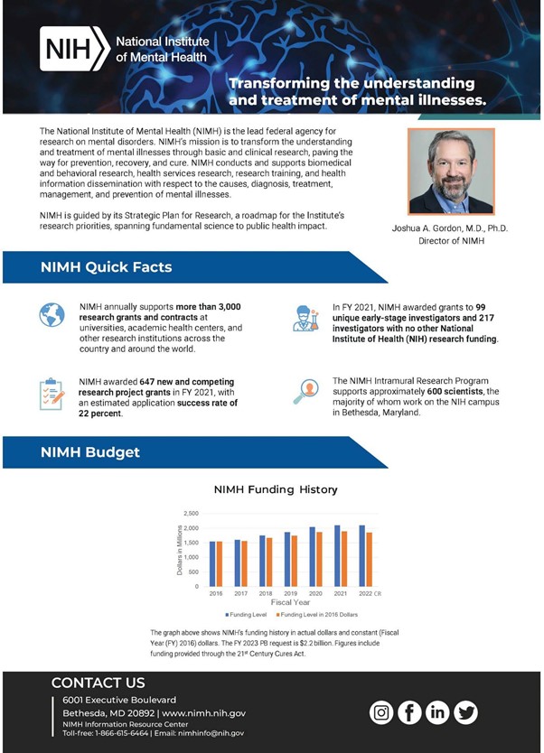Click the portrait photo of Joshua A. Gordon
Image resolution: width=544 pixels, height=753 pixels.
click(451, 172)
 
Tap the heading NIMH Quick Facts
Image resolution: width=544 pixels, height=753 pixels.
click(106, 267)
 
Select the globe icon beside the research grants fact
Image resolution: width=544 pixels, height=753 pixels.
click(52, 315)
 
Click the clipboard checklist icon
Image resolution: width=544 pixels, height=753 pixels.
click(52, 394)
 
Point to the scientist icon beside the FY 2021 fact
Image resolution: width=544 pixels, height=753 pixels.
click(306, 318)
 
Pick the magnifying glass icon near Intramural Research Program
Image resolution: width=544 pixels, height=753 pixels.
click(305, 391)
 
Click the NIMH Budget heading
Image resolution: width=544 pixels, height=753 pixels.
click(90, 451)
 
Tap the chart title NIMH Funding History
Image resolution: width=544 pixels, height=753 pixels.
click(275, 489)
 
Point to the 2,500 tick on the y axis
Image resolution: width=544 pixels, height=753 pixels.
click(191, 513)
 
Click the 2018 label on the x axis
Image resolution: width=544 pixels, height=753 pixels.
click(265, 594)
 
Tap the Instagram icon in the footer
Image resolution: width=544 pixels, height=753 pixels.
click(382, 712)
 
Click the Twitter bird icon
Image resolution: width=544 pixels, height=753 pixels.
click(466, 712)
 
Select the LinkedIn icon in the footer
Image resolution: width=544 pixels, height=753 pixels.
click(438, 712)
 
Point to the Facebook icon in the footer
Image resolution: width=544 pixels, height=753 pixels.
click(410, 712)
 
